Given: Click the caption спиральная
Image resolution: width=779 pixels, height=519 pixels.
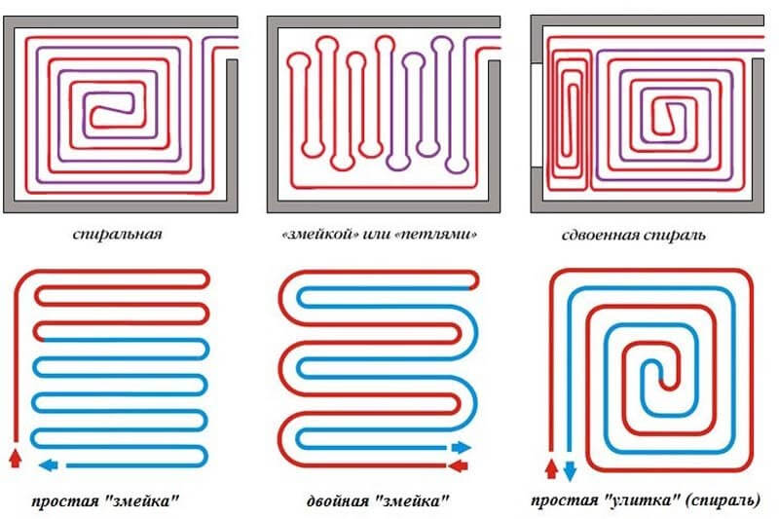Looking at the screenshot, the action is [x=117, y=235].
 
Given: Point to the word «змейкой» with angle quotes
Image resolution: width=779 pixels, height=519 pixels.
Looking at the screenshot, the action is [x=320, y=234].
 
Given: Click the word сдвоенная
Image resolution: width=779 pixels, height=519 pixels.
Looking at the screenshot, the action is [x=601, y=235].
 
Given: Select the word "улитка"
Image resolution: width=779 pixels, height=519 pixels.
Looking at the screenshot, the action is [x=642, y=500].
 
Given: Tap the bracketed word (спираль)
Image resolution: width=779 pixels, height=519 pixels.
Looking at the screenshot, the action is [x=723, y=500].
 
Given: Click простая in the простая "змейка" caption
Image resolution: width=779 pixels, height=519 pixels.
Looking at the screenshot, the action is [x=65, y=501].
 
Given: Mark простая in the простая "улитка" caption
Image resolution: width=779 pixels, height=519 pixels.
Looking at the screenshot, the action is [x=565, y=500].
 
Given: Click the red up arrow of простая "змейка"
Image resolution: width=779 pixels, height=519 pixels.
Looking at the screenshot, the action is [x=16, y=458].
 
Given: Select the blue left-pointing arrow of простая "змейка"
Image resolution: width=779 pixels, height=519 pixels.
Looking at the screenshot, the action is [x=48, y=465].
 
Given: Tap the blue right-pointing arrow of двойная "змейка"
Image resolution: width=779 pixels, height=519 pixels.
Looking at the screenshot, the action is [x=461, y=448].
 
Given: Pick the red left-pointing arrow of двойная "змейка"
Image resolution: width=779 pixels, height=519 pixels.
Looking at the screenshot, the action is [x=458, y=465].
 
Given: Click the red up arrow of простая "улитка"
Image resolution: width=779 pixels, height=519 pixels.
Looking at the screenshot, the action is [x=551, y=468].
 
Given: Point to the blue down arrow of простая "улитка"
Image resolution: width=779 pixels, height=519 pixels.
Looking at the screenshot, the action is [x=570, y=471].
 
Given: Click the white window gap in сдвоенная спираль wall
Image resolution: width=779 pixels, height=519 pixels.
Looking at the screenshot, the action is [x=537, y=115].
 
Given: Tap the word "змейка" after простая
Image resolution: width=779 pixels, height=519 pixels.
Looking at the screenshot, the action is [x=141, y=501].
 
